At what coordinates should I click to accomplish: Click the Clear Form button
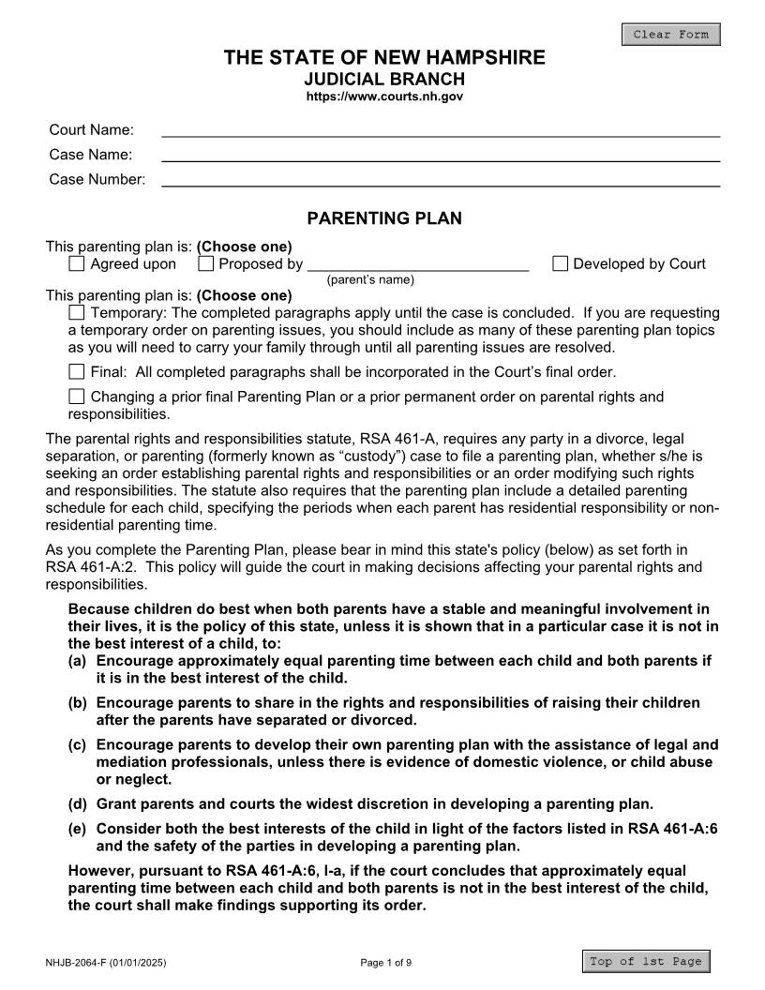click(x=670, y=35)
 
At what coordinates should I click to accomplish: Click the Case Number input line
click(x=441, y=179)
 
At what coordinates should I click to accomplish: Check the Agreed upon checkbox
click(x=77, y=264)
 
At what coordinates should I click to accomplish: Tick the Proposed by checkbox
click(x=206, y=264)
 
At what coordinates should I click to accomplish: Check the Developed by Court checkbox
click(x=560, y=264)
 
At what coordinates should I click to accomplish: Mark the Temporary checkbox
click(x=77, y=312)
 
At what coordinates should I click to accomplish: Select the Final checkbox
click(x=77, y=371)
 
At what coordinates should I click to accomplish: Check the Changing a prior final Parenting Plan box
click(x=77, y=397)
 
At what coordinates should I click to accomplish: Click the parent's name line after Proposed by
click(x=418, y=264)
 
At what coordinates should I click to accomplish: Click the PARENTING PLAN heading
click(x=384, y=218)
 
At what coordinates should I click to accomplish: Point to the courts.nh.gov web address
click(x=384, y=97)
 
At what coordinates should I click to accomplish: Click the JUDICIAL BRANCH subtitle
click(x=384, y=80)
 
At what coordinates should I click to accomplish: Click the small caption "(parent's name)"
click(x=370, y=279)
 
